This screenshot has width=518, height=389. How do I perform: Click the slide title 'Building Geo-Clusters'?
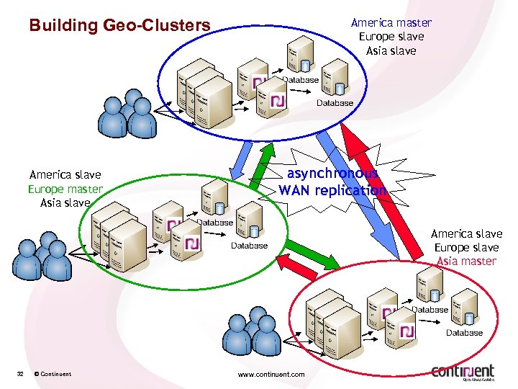119,26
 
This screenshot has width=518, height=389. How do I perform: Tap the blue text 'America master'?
391,22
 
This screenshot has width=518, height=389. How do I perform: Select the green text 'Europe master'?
65,189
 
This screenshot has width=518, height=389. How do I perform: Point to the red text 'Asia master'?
466,261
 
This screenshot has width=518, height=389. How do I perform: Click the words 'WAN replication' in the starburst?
332,190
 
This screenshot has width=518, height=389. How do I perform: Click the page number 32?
21,374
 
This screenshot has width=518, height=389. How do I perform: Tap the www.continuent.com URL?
271,374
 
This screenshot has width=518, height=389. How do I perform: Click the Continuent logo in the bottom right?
463,371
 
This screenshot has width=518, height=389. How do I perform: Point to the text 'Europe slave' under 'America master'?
391,36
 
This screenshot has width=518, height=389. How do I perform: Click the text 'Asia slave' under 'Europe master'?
65,202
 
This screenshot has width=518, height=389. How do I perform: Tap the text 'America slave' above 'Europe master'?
65,174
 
